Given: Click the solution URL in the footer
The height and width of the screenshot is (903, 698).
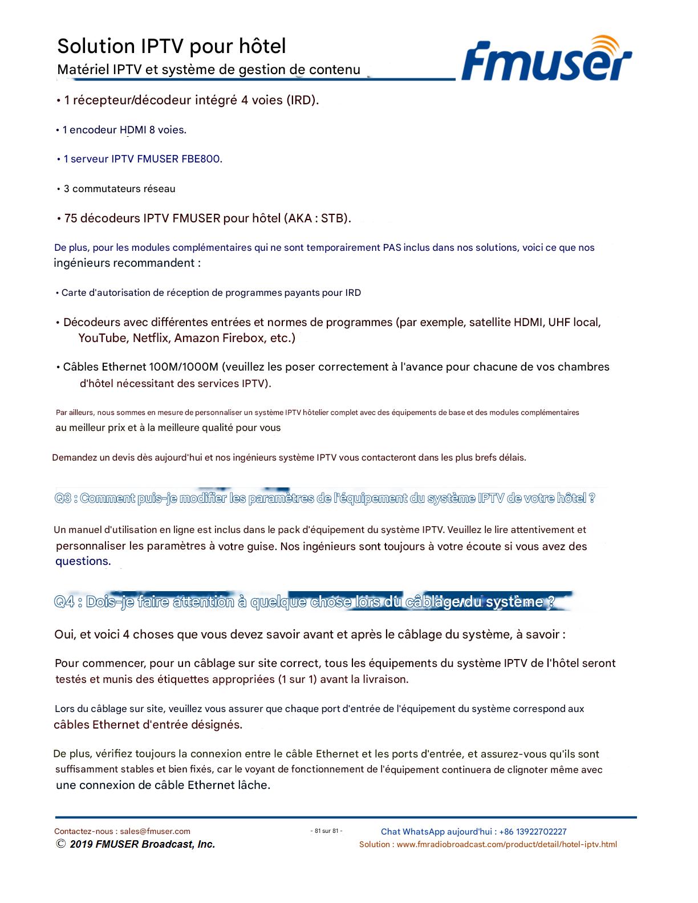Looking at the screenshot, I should click(506, 844).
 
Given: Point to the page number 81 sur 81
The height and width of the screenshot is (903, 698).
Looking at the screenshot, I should click(326, 831).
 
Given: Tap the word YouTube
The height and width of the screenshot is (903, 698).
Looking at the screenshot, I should click(103, 338).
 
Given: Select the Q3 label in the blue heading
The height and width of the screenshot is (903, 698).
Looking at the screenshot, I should click(63, 498).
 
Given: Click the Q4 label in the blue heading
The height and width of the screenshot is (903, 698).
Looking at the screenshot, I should click(64, 602).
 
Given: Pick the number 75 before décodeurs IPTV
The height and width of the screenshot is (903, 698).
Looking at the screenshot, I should click(71, 218).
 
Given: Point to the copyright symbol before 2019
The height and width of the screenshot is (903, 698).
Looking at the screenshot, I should click(60, 844).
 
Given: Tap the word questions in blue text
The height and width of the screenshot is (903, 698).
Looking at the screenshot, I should click(83, 561).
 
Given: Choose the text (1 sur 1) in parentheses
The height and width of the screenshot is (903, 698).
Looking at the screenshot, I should click(297, 679).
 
